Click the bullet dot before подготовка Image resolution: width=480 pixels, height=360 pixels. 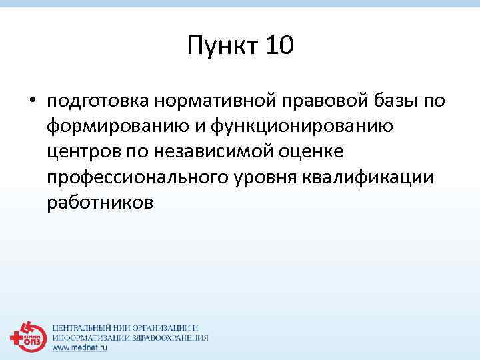[x=32, y=101]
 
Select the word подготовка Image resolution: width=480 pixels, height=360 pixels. [x=97, y=101]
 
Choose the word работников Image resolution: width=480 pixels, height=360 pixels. [x=100, y=202]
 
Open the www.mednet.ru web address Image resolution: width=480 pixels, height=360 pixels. [x=80, y=347]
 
